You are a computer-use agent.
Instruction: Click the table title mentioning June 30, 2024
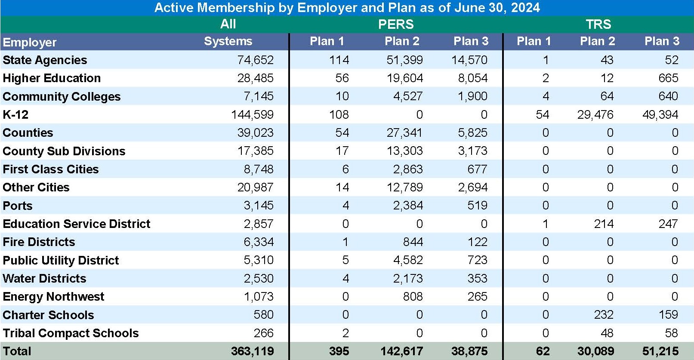pyautogui.click(x=347, y=8)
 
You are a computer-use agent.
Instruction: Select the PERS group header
pyautogui.click(x=395, y=24)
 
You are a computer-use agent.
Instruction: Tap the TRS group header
pyautogui.click(x=598, y=24)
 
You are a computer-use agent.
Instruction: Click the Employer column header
pyautogui.click(x=30, y=42)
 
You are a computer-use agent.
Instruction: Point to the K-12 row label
pyautogui.click(x=15, y=114)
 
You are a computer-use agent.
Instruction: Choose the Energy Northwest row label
pyautogui.click(x=53, y=297)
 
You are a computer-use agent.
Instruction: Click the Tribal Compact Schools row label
pyautogui.click(x=71, y=333)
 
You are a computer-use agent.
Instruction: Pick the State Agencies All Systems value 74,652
pyautogui.click(x=255, y=60)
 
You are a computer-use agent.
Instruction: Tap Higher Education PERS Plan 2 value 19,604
pyautogui.click(x=404, y=78)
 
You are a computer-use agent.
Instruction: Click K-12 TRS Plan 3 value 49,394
pyautogui.click(x=660, y=114)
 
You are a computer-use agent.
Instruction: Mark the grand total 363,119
pyautogui.click(x=252, y=351)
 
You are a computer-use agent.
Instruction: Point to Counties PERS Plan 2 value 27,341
pyautogui.click(x=404, y=132)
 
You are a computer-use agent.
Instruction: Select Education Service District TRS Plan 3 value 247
pyautogui.click(x=668, y=224)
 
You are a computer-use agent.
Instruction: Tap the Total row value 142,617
pyautogui.click(x=401, y=351)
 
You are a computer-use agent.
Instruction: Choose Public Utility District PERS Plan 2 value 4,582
pyautogui.click(x=407, y=260)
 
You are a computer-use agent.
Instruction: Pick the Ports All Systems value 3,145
pyautogui.click(x=258, y=206)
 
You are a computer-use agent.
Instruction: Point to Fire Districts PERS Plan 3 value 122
pyautogui.click(x=477, y=242)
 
